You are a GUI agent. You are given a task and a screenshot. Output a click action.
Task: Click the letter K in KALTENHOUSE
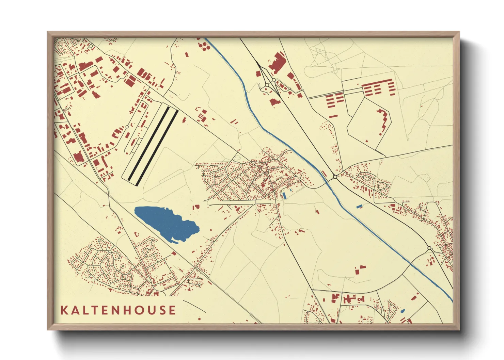(64, 310)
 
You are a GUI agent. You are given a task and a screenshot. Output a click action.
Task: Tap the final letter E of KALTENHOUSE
(173, 310)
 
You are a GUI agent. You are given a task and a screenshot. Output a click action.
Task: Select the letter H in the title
(126, 310)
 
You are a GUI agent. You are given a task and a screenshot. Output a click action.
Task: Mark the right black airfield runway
(157, 148)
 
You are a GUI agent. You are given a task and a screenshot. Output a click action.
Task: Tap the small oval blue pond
(403, 311)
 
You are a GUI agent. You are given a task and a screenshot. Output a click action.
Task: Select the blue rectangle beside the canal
(359, 206)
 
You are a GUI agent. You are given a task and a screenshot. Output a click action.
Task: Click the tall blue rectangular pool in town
(283, 195)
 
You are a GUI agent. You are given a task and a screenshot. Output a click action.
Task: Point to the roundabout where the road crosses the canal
(335, 177)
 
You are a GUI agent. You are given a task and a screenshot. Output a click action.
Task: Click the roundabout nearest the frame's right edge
(429, 248)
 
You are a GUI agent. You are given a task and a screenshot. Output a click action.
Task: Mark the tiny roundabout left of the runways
(127, 127)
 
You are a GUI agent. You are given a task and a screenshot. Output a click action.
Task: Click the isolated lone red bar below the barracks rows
(333, 117)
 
